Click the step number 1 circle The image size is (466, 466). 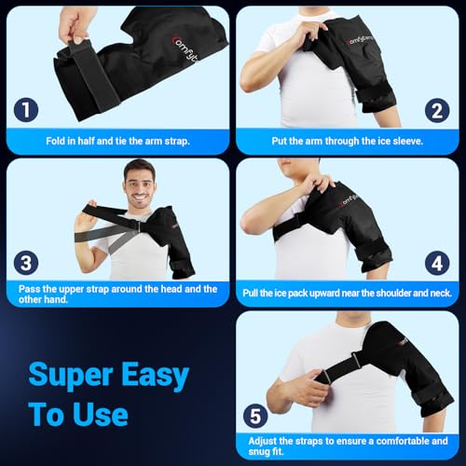(26, 110)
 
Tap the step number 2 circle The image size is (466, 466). (437, 111)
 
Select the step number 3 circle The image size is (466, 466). (26, 263)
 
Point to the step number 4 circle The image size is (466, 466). (437, 264)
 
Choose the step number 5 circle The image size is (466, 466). (255, 416)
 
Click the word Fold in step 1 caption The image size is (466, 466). (55, 141)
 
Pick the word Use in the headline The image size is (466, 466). (101, 415)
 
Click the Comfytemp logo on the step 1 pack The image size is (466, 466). (185, 48)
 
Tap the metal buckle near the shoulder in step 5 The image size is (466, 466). (356, 360)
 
